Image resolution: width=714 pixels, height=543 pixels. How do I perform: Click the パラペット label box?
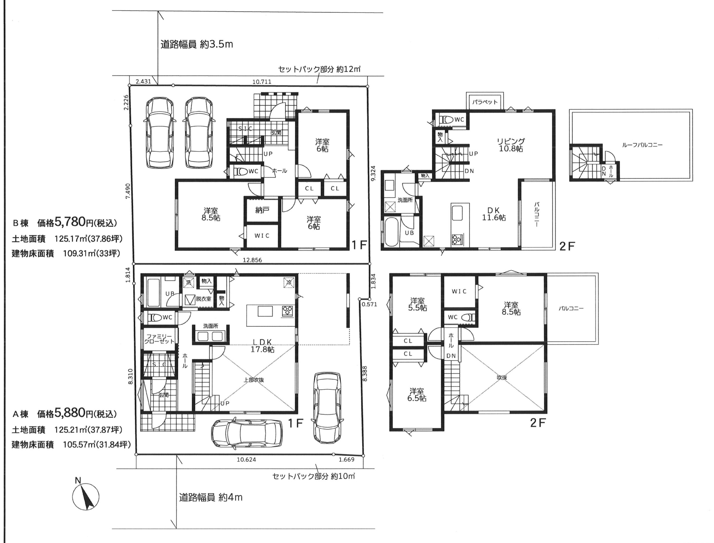[484, 102]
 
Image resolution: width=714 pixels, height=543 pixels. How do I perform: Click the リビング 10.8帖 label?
[511, 145]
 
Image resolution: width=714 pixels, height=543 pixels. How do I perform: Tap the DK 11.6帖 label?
[494, 214]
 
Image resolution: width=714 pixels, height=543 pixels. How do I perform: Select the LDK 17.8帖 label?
[262, 345]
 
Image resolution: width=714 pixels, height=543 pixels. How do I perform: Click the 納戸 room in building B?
[262, 210]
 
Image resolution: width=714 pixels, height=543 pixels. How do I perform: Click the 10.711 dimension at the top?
[262, 82]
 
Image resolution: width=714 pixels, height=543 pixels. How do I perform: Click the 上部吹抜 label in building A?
[254, 380]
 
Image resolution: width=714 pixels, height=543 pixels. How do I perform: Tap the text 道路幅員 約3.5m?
[197, 44]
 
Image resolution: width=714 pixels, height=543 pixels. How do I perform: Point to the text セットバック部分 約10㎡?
[314, 476]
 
